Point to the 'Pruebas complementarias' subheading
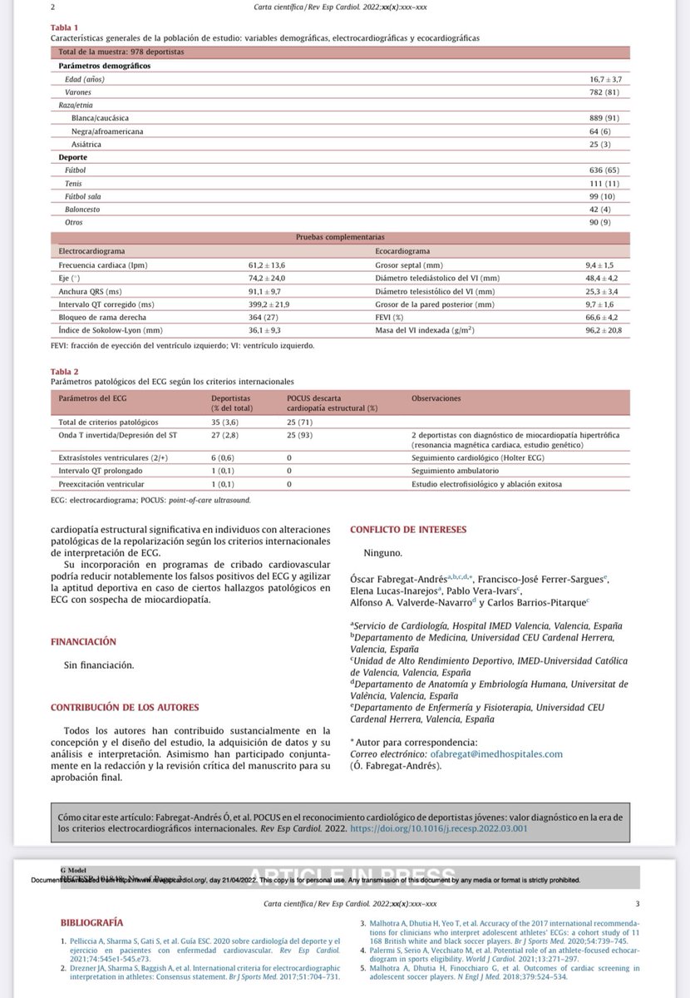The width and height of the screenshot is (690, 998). [x=340, y=237]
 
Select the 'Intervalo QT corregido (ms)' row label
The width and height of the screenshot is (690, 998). [x=101, y=304]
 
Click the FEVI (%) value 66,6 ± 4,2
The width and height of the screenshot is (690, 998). [x=603, y=318]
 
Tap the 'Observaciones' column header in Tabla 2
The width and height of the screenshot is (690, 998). [x=436, y=398]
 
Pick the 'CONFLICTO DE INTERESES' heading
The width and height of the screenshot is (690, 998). [x=408, y=529]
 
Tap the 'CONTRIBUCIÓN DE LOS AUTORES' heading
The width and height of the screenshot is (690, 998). [x=126, y=707]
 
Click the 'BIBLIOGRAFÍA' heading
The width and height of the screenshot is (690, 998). [x=92, y=922]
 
